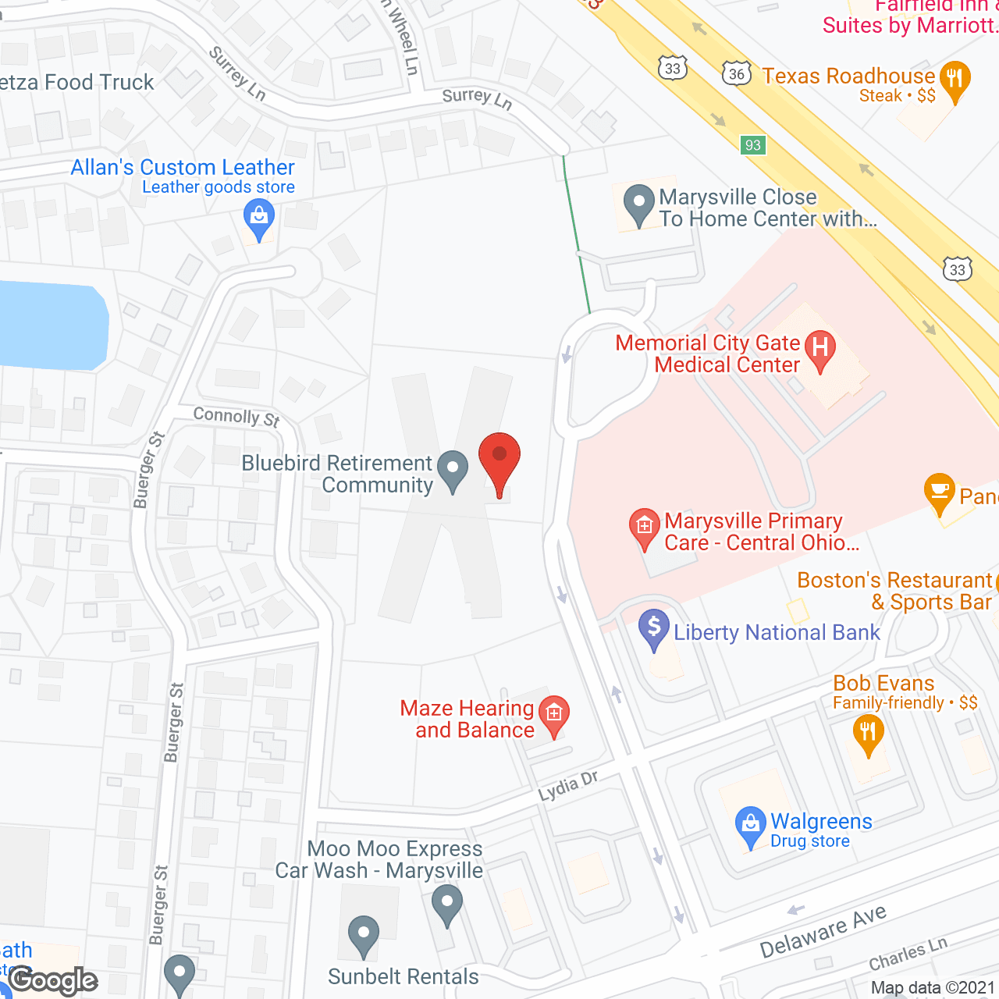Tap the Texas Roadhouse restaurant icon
click(955, 80)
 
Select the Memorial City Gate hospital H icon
click(819, 348)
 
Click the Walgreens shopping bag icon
click(750, 826)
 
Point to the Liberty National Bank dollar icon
click(654, 628)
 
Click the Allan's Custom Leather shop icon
click(258, 218)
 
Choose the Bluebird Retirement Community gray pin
click(452, 470)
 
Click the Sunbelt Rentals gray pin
click(363, 934)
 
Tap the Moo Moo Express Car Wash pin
click(446, 905)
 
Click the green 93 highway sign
click(752, 145)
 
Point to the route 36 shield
click(737, 74)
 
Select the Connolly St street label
click(236, 417)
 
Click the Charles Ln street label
click(908, 954)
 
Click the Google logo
click(54, 980)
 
